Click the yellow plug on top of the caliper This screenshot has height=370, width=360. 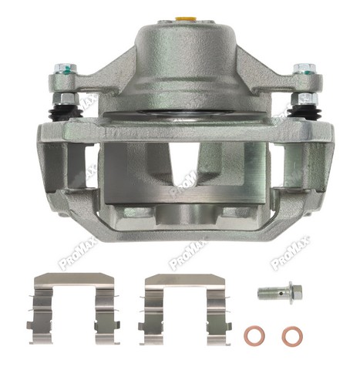[x=185, y=18]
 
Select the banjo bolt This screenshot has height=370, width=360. [x=280, y=293]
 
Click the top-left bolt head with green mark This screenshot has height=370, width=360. [x=66, y=68]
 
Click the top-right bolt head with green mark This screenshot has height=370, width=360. [x=305, y=68]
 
